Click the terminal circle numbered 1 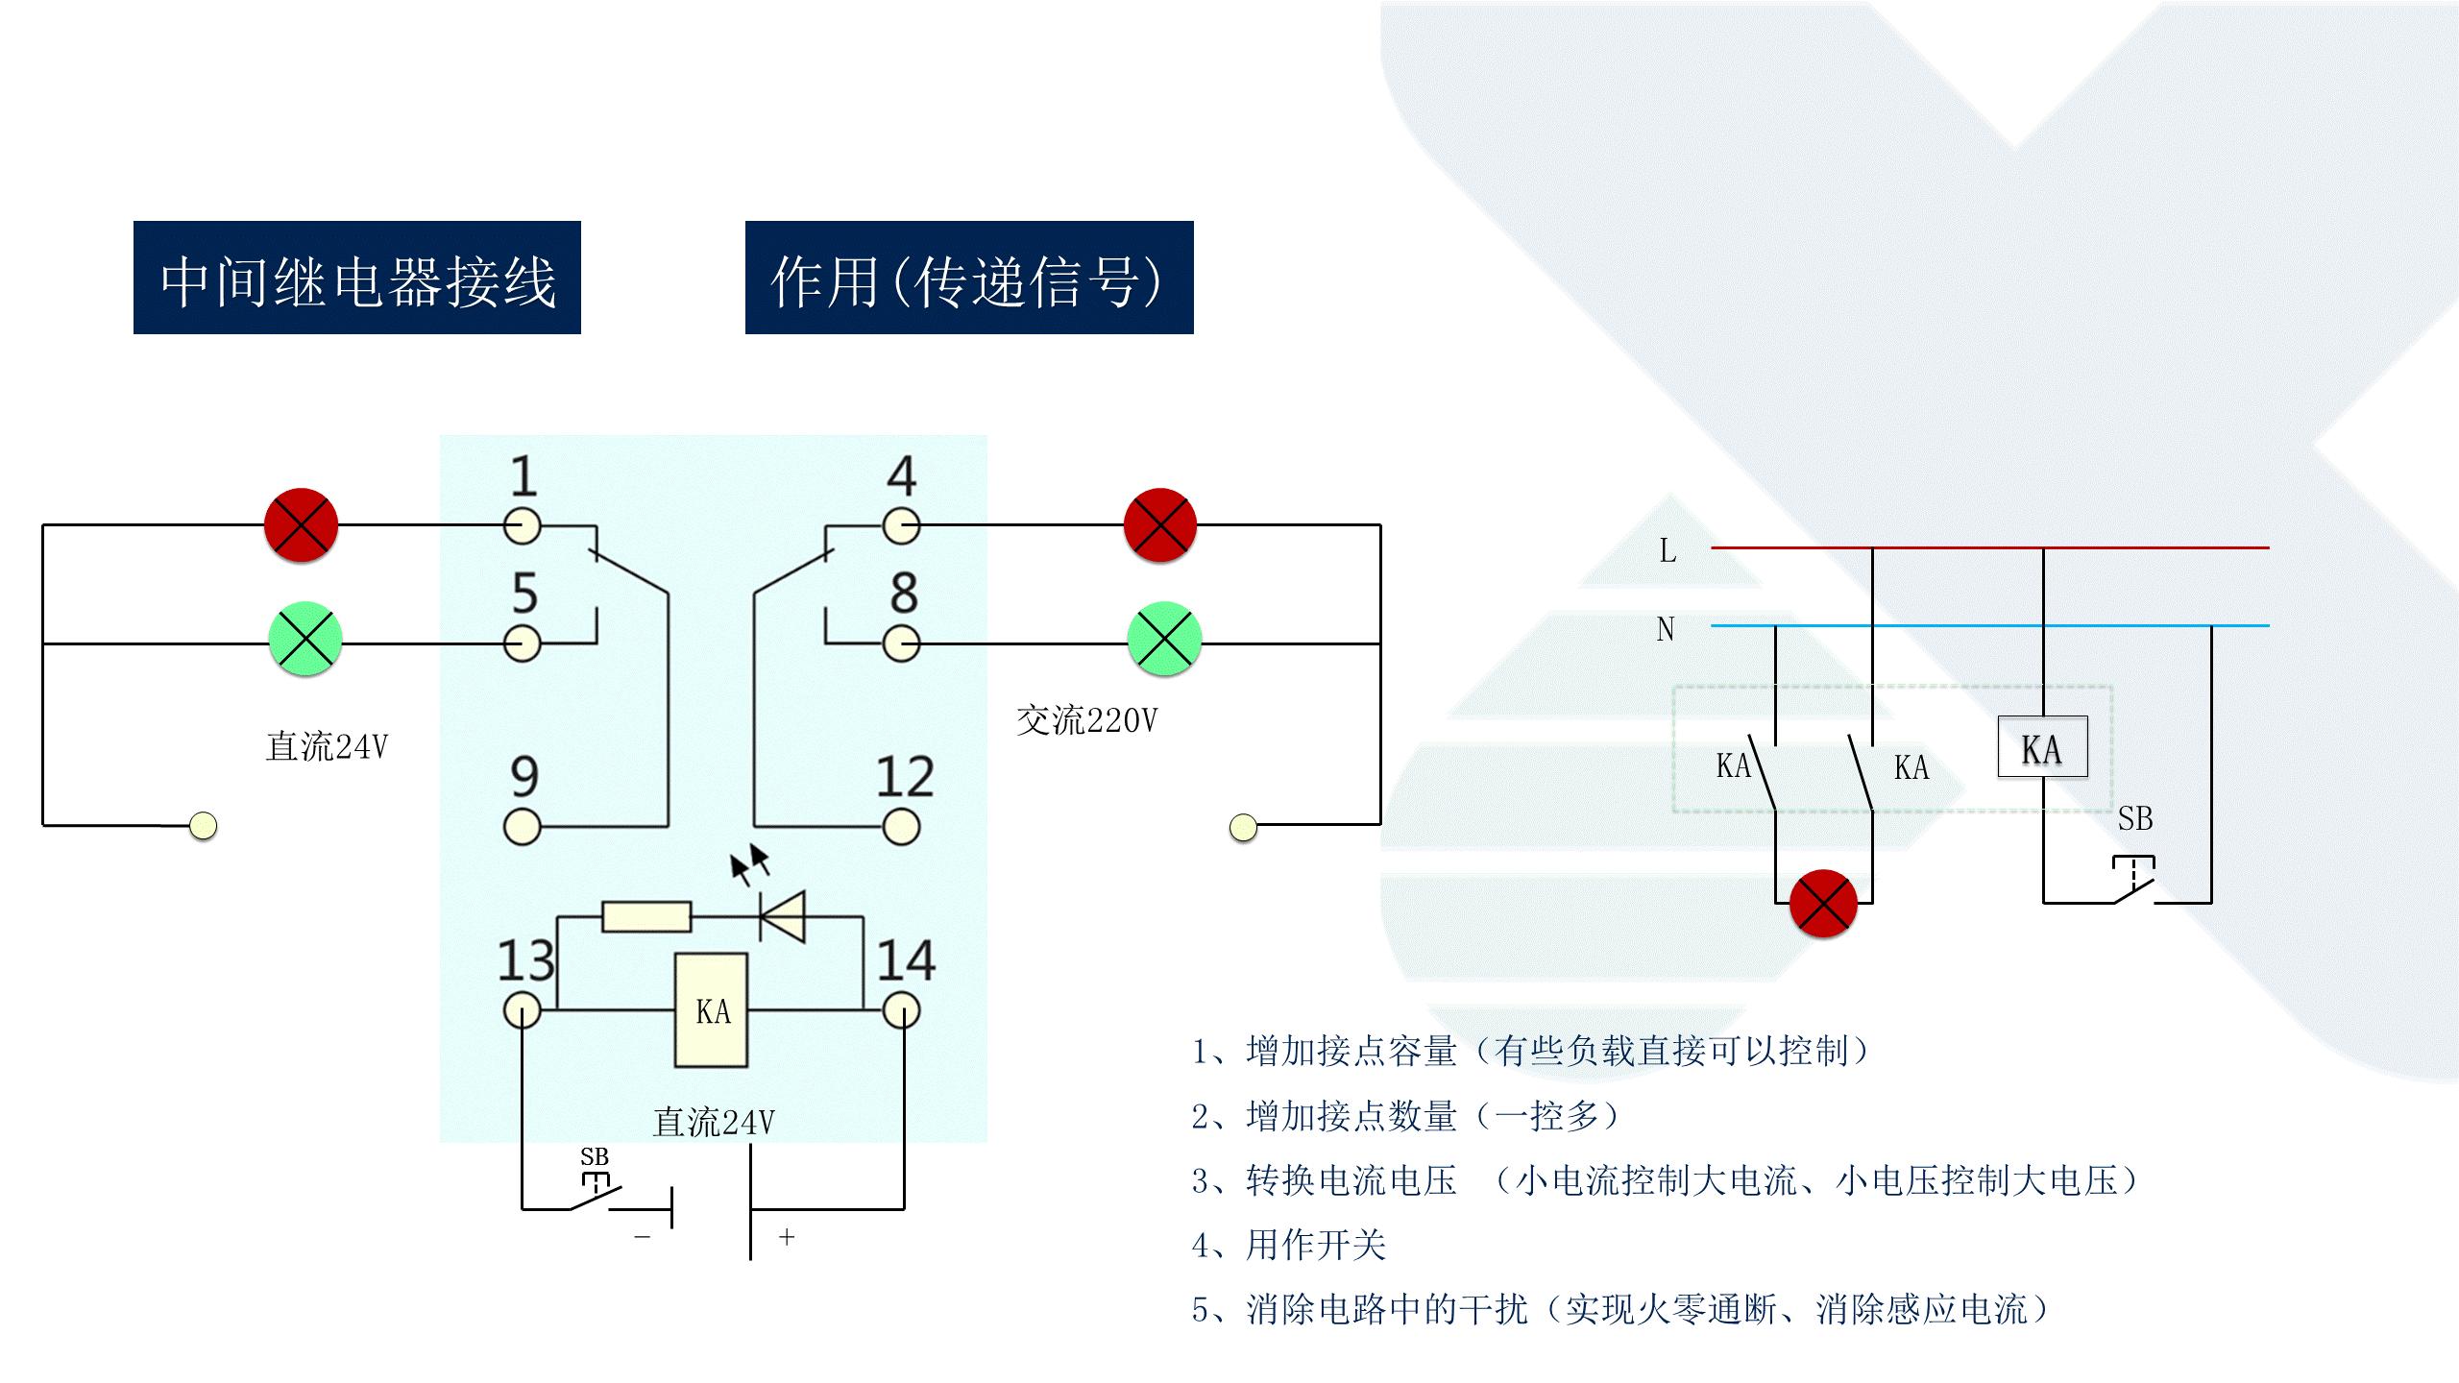coord(523,526)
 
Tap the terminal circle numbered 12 coord(901,826)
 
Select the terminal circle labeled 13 coord(523,1010)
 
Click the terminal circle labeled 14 coord(901,1010)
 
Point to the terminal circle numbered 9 coord(523,826)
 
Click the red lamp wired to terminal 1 coord(302,525)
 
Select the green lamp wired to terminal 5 coord(304,640)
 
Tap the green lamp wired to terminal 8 coord(1163,640)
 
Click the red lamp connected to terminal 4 coord(1160,525)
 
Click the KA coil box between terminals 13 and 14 coord(712,1010)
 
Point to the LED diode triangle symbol coord(782,916)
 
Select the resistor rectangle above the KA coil coord(646,916)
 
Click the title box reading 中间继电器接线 coord(357,279)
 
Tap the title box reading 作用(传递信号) coord(969,279)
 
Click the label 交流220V coord(1086,720)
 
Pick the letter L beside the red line coord(1668,551)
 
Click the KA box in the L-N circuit coord(2042,747)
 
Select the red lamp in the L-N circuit coord(1823,903)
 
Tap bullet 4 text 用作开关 coord(1316,1246)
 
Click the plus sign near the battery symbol coord(787,1237)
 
